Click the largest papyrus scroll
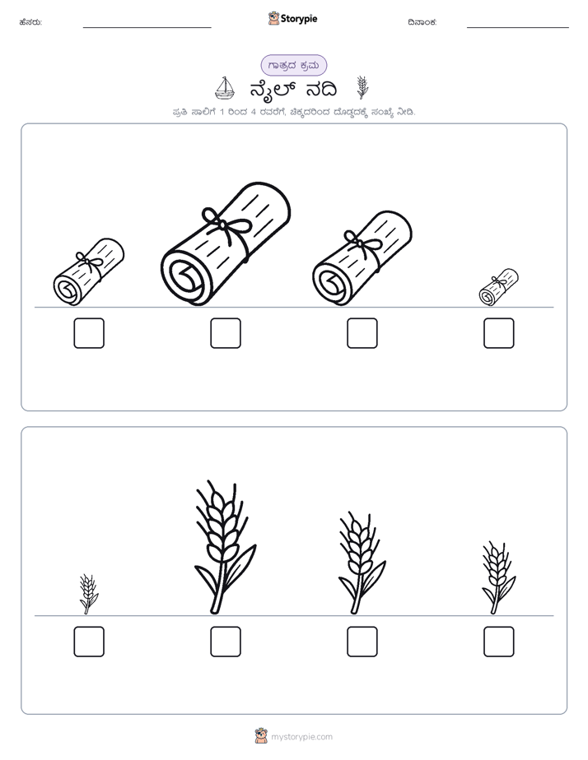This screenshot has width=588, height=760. click(x=226, y=244)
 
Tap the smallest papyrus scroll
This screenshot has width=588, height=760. click(x=498, y=287)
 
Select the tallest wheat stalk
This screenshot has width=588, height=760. click(x=225, y=547)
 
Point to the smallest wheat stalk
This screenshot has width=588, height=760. click(x=88, y=594)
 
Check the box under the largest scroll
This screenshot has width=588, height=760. click(x=226, y=333)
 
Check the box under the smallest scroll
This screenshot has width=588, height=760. click(x=499, y=333)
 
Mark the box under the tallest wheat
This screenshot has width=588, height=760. click(x=226, y=642)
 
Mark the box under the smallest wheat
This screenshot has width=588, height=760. click(x=89, y=642)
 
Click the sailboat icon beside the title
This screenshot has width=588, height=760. click(x=225, y=88)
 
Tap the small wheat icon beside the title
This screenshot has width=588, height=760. click(x=362, y=87)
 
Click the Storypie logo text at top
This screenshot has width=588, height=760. click(x=299, y=19)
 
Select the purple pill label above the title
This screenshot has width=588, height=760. click(x=293, y=66)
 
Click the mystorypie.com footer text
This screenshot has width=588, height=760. click(x=301, y=737)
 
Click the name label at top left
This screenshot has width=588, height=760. click(x=30, y=22)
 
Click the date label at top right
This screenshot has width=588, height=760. click(x=422, y=22)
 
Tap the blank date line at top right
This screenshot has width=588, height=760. click(x=518, y=28)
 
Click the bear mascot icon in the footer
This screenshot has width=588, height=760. click(x=261, y=736)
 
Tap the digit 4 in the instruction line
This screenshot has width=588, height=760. click(x=254, y=113)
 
